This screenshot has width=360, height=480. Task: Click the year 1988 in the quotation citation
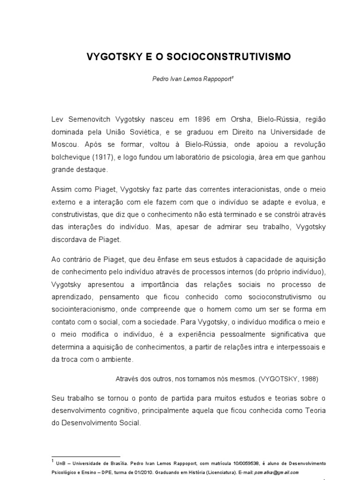(309, 378)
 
